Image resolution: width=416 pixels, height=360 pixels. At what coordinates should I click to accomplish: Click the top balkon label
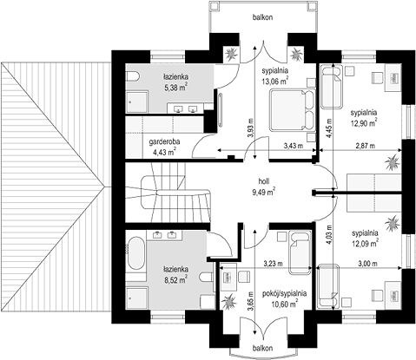(262, 17)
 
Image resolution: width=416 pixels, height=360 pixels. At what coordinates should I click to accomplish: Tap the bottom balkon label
(262, 348)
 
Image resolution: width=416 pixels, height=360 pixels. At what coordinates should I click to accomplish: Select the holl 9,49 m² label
(264, 187)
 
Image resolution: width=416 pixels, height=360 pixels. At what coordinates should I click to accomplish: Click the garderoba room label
(164, 141)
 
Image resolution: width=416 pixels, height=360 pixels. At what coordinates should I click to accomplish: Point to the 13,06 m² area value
(275, 82)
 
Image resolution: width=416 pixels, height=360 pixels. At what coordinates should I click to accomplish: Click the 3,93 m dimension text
(251, 128)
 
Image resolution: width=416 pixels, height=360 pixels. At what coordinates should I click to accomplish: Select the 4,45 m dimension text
(329, 128)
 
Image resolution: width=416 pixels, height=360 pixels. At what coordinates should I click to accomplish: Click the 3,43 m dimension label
(294, 146)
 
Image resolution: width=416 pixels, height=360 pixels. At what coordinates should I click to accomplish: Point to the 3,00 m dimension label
(367, 264)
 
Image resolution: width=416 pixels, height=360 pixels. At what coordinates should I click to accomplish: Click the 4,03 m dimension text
(329, 235)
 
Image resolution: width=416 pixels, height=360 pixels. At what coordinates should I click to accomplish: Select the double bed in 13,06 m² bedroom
(293, 110)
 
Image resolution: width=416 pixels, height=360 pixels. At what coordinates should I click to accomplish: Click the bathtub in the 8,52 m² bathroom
(135, 254)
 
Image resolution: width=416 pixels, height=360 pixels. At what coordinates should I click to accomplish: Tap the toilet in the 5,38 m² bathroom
(133, 77)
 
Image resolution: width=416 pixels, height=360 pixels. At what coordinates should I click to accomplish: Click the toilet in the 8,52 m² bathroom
(207, 278)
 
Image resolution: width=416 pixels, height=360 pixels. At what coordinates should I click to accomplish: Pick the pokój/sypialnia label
(285, 293)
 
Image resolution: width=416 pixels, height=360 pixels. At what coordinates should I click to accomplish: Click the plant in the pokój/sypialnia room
(228, 302)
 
